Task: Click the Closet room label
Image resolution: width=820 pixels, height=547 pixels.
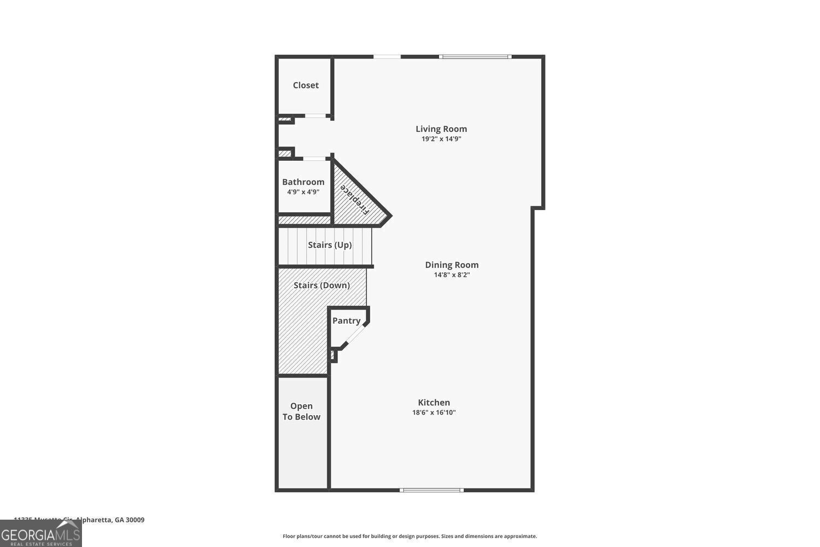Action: [306, 85]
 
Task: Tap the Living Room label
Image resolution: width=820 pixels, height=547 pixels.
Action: [441, 129]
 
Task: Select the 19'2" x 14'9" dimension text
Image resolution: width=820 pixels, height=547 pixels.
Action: [441, 139]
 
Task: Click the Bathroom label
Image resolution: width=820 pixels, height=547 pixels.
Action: [303, 182]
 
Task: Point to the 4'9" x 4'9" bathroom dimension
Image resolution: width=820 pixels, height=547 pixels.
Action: [303, 192]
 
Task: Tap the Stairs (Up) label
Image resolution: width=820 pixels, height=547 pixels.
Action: [330, 245]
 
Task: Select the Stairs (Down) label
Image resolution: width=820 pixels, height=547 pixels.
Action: [321, 286]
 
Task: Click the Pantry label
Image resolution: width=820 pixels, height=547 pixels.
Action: [347, 321]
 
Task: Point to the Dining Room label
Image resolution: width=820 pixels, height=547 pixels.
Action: [452, 265]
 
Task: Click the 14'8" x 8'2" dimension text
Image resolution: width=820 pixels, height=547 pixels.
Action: [452, 275]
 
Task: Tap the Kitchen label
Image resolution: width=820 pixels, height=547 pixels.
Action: [434, 403]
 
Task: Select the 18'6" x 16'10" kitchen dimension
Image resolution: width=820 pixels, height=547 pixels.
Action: [434, 412]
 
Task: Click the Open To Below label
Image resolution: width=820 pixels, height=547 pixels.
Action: [301, 411]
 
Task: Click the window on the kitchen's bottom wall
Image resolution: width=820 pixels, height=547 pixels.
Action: [432, 490]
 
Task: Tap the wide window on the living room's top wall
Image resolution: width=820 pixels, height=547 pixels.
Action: [475, 56]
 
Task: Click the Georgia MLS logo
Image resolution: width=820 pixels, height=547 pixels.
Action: [40, 534]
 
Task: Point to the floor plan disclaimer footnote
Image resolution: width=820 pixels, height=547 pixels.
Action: [409, 537]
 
